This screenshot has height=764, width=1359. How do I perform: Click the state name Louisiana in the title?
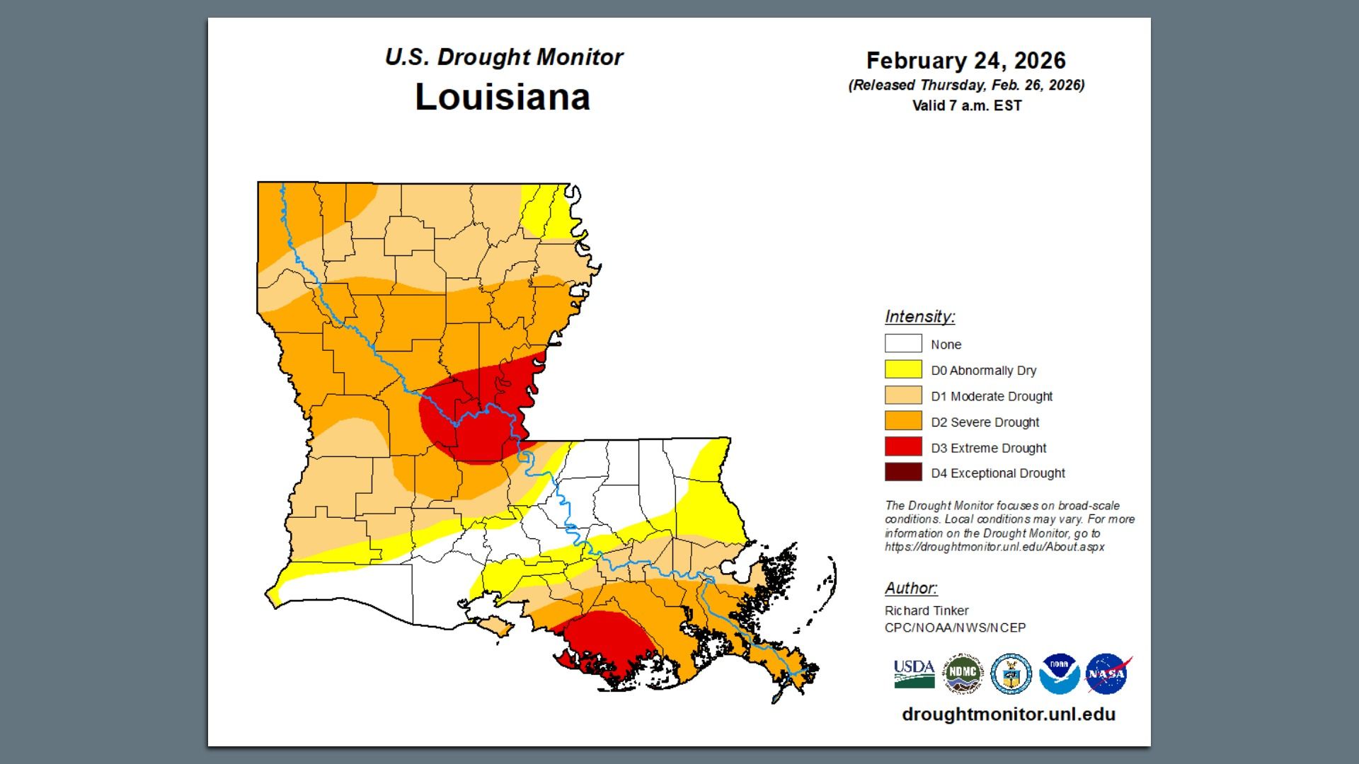tap(502, 97)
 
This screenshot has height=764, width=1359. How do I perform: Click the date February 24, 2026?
tap(965, 61)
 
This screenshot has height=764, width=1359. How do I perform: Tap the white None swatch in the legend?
tap(903, 344)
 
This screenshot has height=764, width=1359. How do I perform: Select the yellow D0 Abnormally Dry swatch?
tap(903, 369)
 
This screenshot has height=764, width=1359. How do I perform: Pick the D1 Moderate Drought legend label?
tap(991, 396)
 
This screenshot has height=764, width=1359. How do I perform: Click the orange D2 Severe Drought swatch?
tap(903, 421)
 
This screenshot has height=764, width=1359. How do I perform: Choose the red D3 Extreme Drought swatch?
tap(903, 446)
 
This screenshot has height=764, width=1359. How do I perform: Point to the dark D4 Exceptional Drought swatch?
tap(903, 472)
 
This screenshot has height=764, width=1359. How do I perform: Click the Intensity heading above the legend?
tap(919, 316)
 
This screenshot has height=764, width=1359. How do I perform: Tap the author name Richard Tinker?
tap(926, 610)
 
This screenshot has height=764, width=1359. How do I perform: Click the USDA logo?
tap(914, 673)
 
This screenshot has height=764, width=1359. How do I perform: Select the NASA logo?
tap(1107, 673)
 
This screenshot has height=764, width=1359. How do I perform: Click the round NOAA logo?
tap(1059, 673)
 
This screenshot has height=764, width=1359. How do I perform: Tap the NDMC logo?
tap(963, 673)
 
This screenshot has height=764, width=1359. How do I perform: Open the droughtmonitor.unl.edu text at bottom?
tap(1008, 714)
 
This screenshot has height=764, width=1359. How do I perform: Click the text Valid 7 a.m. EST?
tap(966, 106)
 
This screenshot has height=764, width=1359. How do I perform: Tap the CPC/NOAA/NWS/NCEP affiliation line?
tap(954, 627)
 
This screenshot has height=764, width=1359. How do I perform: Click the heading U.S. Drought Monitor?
tap(503, 57)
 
